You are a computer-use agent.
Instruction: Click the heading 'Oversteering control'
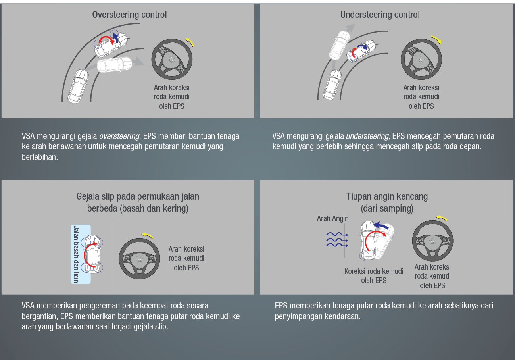(x=129, y=15)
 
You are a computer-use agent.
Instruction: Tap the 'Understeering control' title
(x=380, y=15)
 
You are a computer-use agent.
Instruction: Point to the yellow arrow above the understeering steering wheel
(x=436, y=39)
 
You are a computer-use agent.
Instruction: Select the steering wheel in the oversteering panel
(x=172, y=60)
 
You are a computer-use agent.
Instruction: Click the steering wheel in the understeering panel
(x=421, y=60)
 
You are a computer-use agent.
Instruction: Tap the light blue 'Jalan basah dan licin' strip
(x=81, y=254)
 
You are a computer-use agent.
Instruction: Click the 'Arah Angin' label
(x=332, y=218)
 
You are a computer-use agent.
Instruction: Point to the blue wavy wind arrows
(x=337, y=240)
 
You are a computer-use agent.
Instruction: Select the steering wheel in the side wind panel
(x=433, y=241)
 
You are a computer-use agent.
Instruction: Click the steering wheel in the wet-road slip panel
(x=139, y=259)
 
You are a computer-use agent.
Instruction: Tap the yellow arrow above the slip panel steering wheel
(x=147, y=235)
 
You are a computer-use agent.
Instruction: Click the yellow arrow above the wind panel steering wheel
(x=442, y=218)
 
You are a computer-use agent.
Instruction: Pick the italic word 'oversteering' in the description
(x=119, y=136)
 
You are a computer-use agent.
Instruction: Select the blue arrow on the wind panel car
(x=380, y=225)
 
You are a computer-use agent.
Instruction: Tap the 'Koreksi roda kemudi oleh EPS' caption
(x=374, y=276)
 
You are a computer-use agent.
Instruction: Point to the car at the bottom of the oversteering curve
(x=78, y=86)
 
